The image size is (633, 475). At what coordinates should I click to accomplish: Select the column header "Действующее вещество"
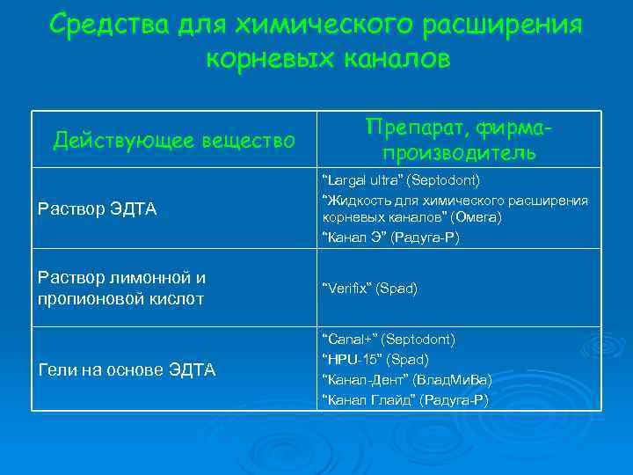point(174,140)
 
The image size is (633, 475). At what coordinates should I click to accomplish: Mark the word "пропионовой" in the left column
point(87,298)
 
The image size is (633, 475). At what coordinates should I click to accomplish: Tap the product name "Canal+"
point(349,339)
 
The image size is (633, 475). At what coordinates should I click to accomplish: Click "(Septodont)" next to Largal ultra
point(449,180)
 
